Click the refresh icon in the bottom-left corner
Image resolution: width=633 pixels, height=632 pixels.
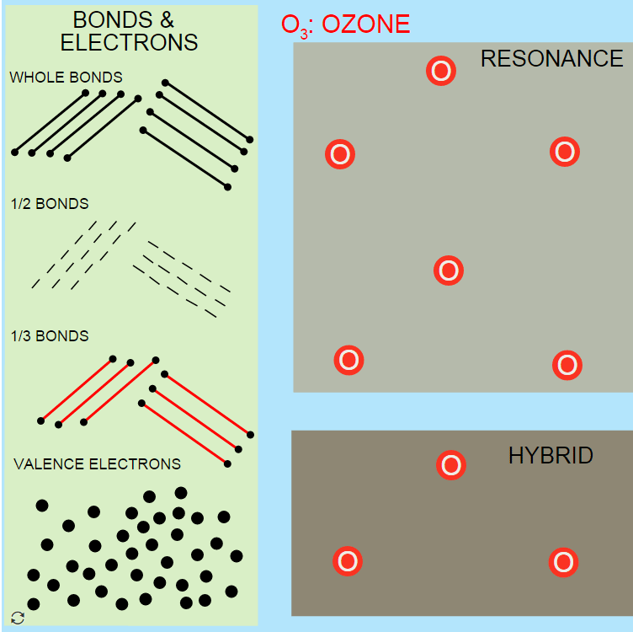pyautogui.click(x=18, y=617)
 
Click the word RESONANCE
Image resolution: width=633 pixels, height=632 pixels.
pyautogui.click(x=551, y=58)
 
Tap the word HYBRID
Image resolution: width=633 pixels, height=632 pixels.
pyautogui.click(x=551, y=456)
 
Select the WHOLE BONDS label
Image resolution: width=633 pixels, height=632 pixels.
pyautogui.click(x=66, y=78)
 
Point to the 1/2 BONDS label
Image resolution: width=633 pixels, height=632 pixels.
pyautogui.click(x=50, y=204)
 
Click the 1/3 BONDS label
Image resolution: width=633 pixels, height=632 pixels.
pyautogui.click(x=50, y=336)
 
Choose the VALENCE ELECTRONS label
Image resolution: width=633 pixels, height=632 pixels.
pyautogui.click(x=97, y=464)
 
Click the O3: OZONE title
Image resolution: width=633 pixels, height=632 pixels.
pyautogui.click(x=346, y=24)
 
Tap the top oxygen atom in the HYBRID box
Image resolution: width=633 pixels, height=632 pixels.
pyautogui.click(x=451, y=464)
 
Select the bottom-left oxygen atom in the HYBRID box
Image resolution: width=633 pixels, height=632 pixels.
pyautogui.click(x=347, y=561)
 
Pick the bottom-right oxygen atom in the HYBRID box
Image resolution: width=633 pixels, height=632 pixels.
pyautogui.click(x=563, y=562)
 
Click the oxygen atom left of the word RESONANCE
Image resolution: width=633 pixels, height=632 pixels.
pyautogui.click(x=441, y=71)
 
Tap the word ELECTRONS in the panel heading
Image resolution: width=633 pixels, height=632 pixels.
pyautogui.click(x=130, y=42)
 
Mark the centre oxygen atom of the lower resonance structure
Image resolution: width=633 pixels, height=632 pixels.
pyautogui.click(x=449, y=270)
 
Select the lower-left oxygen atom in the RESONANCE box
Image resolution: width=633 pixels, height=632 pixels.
pyautogui.click(x=349, y=361)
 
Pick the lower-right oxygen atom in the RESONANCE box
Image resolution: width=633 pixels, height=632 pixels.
pyautogui.click(x=567, y=366)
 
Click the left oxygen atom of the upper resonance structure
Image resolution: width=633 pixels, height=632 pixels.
pyautogui.click(x=340, y=154)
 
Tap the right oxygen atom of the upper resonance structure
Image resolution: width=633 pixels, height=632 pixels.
pyautogui.click(x=565, y=152)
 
